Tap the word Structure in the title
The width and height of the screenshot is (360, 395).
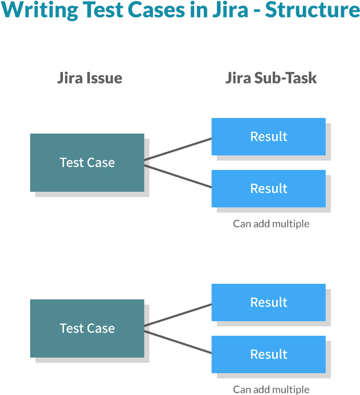click(312, 10)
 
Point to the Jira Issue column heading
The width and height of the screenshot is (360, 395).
click(89, 78)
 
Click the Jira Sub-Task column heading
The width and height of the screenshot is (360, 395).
click(271, 78)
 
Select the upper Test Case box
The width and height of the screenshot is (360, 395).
click(87, 163)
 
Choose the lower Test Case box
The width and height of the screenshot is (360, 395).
click(87, 328)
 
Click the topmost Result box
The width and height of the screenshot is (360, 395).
click(268, 137)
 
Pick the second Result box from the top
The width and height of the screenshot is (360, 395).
click(268, 189)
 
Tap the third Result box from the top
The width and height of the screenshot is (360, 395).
click(268, 302)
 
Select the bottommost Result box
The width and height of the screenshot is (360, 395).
click(268, 354)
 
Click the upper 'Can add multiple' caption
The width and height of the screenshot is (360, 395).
click(271, 224)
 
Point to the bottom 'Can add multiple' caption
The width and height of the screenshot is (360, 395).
click(271, 389)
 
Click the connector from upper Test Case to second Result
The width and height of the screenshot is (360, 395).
click(178, 177)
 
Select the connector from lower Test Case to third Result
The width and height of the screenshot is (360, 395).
click(178, 315)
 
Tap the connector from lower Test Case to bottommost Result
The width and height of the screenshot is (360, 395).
click(178, 343)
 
